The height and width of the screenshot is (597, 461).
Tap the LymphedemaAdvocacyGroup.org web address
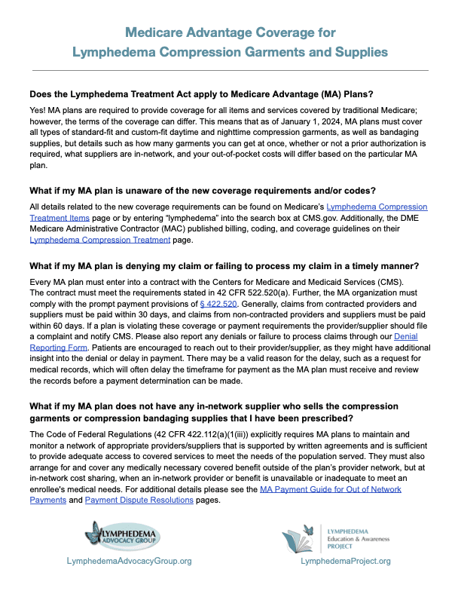pyautogui.click(x=129, y=561)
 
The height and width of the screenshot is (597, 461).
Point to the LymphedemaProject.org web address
pyautogui.click(x=346, y=561)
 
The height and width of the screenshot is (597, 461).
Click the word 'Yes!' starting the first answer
pyautogui.click(x=38, y=112)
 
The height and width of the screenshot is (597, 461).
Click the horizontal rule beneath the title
pyautogui.click(x=230, y=70)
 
